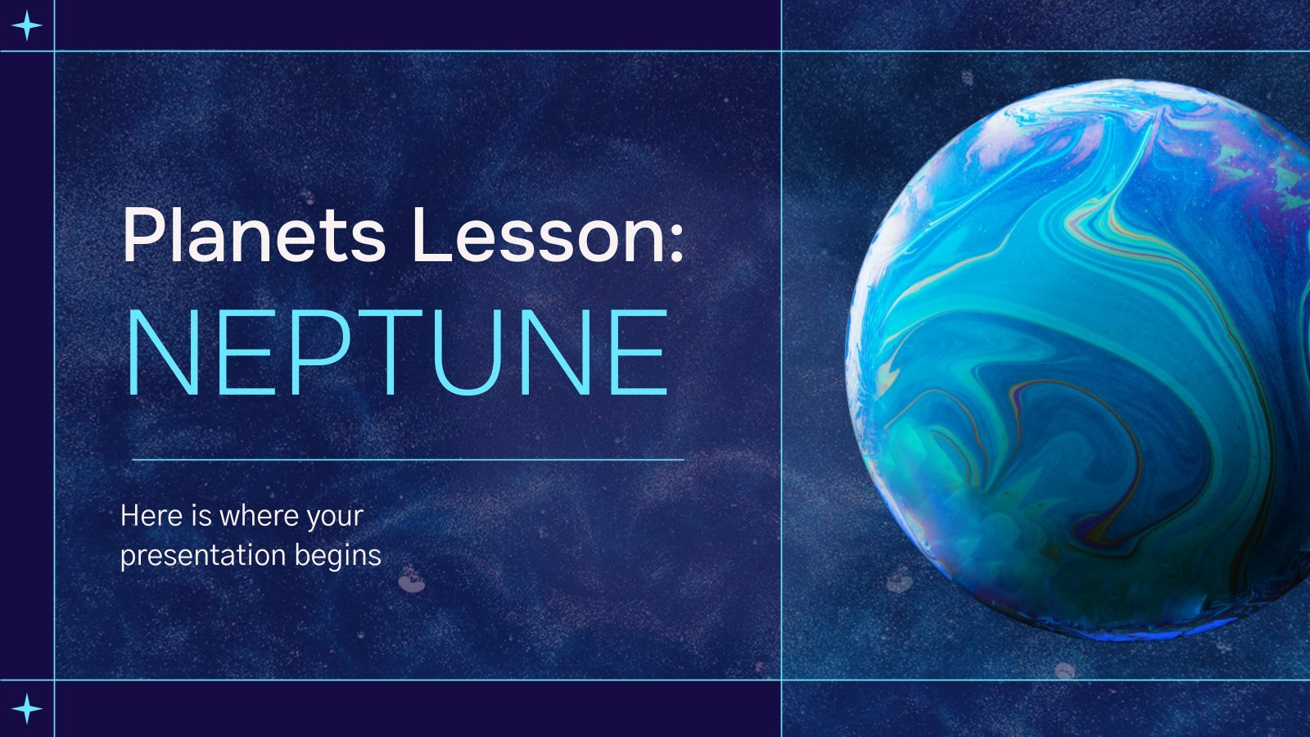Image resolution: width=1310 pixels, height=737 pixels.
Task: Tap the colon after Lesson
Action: pyautogui.click(x=676, y=241)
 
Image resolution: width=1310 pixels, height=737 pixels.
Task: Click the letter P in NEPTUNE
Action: pyautogui.click(x=319, y=352)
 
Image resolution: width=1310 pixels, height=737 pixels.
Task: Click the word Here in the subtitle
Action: pyautogui.click(x=151, y=516)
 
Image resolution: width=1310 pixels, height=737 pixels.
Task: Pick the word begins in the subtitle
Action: pyautogui.click(x=337, y=556)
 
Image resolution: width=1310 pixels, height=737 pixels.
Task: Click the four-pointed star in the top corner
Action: pyautogui.click(x=27, y=25)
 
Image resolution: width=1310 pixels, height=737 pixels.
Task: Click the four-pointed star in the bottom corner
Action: pyautogui.click(x=27, y=709)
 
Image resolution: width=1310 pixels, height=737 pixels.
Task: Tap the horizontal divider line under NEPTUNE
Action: pyautogui.click(x=409, y=459)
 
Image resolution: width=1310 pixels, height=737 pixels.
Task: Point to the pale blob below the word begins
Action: pyautogui.click(x=411, y=581)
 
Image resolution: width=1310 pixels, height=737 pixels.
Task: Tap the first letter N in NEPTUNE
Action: pyautogui.click(x=159, y=352)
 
